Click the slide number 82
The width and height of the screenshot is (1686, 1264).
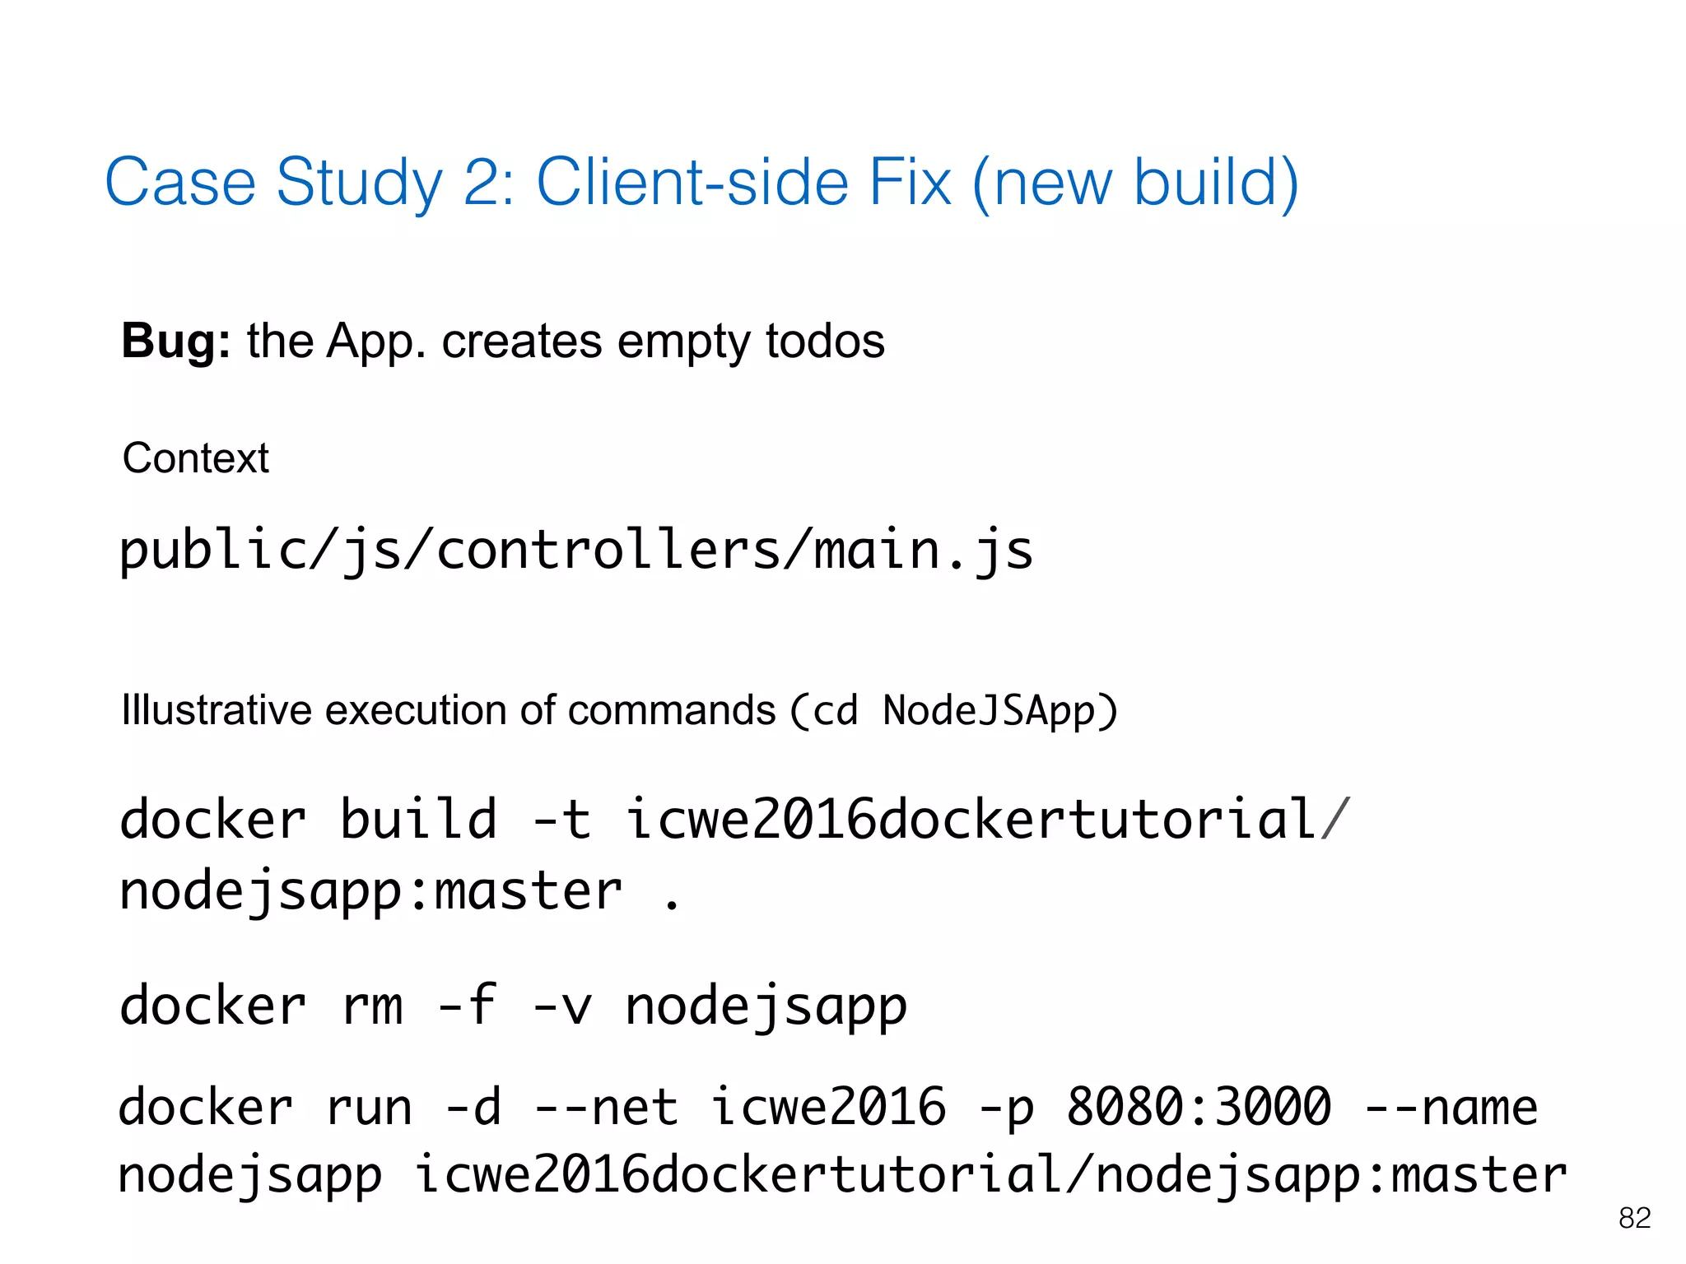[x=1634, y=1218]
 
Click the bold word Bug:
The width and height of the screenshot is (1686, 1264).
[x=175, y=341]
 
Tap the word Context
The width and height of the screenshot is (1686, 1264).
[x=195, y=458]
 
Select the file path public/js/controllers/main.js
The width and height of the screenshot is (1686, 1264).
[x=576, y=550]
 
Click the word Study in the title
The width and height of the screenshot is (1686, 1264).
[x=360, y=182]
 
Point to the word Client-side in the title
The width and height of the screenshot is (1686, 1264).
[x=692, y=182]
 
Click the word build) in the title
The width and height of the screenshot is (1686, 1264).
[x=1216, y=182]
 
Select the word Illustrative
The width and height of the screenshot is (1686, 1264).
[x=216, y=709]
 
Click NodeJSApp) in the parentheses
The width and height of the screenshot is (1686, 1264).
[x=999, y=710]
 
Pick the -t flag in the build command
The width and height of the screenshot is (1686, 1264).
[x=561, y=819]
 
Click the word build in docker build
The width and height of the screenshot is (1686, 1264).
[x=418, y=819]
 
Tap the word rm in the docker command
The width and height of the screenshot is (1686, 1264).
[x=372, y=1006]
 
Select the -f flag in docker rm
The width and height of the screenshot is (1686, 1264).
[x=467, y=1006]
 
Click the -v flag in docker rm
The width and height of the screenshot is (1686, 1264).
[x=561, y=1006]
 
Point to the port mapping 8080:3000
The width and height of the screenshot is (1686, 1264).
[x=1198, y=1107]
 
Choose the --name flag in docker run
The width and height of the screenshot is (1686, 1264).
[x=1451, y=1107]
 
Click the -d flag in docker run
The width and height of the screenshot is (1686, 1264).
[x=473, y=1107]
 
